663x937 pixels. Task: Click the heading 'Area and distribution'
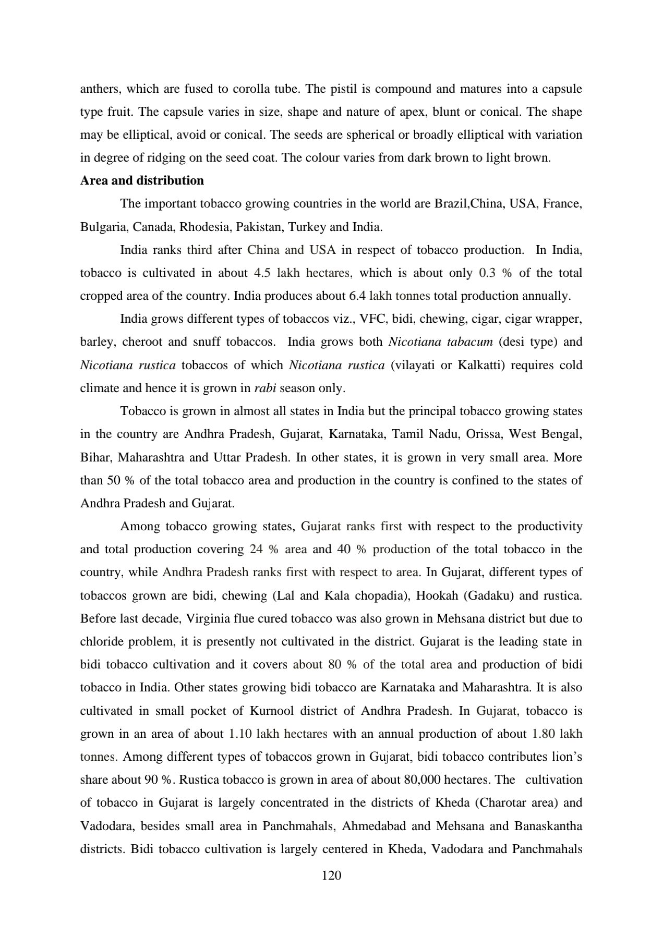coord(142,181)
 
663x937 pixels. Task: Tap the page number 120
coord(332,875)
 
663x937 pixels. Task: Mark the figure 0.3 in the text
coord(487,273)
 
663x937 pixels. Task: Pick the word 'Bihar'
coord(95,458)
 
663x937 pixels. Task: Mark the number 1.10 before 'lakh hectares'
coord(240,734)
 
